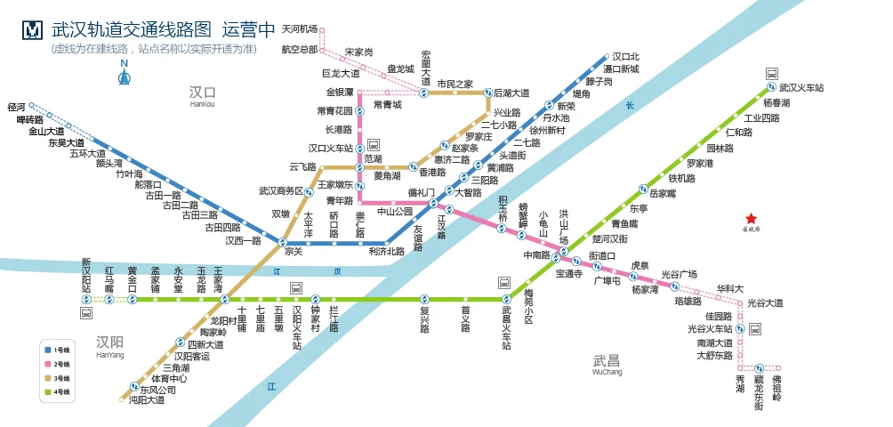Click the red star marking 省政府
coord(752,219)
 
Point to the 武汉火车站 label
coord(800,88)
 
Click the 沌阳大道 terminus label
coord(147,400)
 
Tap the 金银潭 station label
coord(340,92)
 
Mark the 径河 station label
coord(16,107)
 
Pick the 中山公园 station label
coord(396,212)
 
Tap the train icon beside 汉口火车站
coord(374,144)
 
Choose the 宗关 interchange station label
coord(294,252)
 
